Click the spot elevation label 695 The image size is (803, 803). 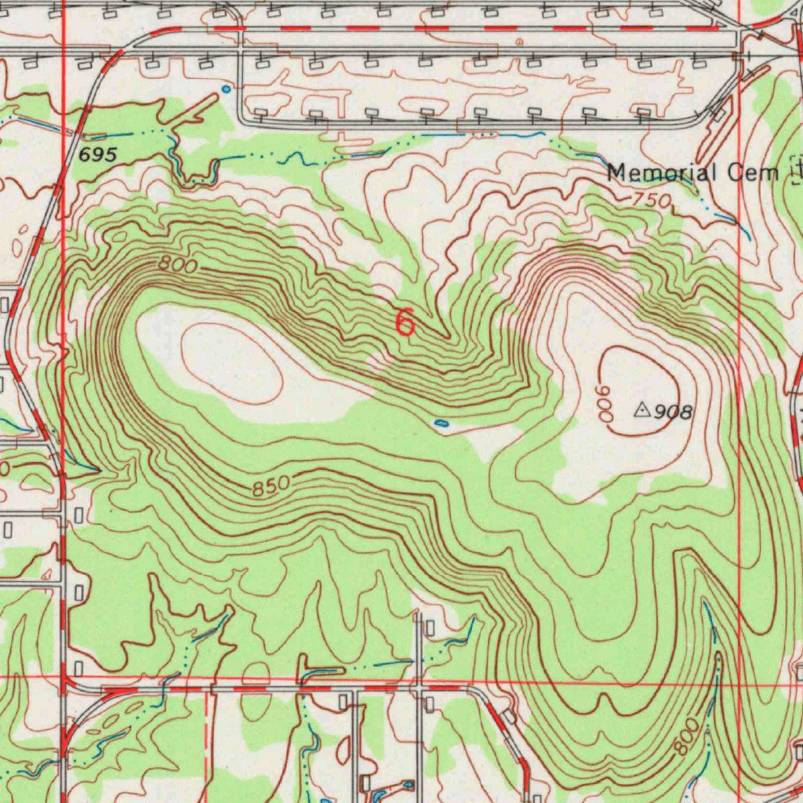pos(98,155)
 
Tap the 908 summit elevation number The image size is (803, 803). pos(674,412)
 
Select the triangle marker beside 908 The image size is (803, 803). pos(641,409)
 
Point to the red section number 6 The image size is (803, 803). pos(405,322)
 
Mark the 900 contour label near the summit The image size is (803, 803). pos(606,403)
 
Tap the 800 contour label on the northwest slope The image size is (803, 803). pos(177,265)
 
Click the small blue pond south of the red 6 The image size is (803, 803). pos(441,423)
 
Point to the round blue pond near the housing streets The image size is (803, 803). pos(227,89)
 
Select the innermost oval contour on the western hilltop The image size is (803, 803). pos(231,364)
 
